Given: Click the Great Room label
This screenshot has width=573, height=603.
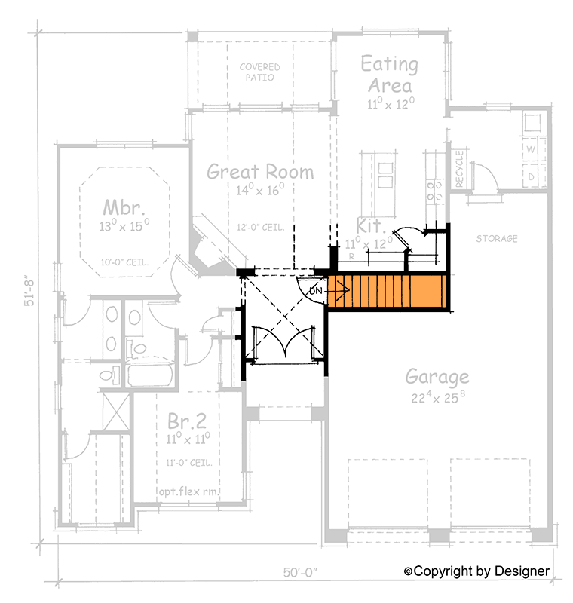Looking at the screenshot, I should (x=260, y=172).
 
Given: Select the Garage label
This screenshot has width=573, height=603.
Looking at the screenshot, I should (x=437, y=376).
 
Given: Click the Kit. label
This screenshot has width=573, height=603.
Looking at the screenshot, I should (x=370, y=226).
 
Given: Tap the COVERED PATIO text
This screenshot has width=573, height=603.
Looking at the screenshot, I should (x=259, y=72).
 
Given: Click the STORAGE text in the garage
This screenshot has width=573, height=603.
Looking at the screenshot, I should (x=497, y=239).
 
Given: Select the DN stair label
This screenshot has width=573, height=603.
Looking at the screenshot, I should (x=317, y=289).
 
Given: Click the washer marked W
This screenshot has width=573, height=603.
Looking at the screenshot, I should (x=530, y=149).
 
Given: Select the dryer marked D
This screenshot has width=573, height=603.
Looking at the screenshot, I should (x=530, y=176).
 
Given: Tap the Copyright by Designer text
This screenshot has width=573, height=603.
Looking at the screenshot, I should (x=477, y=571).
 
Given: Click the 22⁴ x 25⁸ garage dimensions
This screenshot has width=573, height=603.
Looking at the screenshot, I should (x=437, y=397).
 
